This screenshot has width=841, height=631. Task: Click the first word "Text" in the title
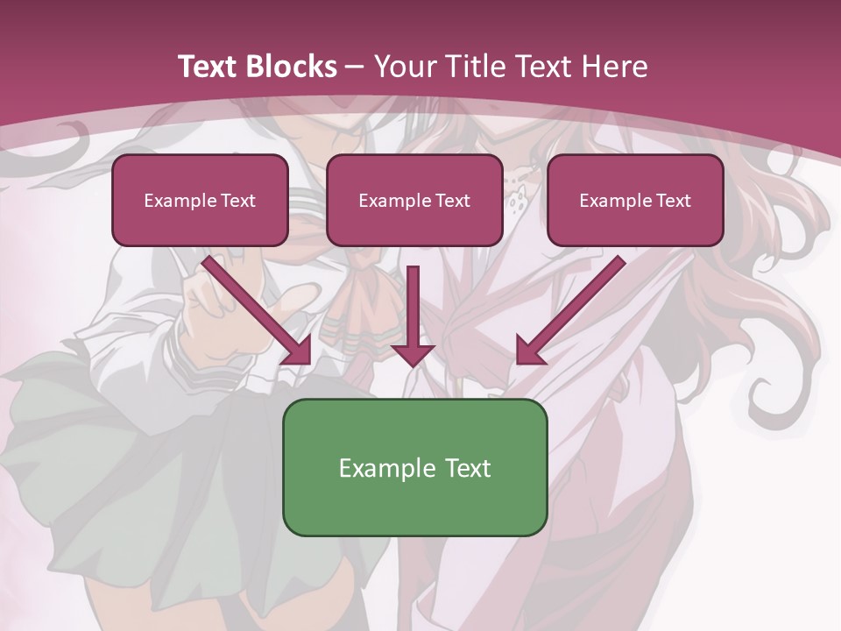[211, 67]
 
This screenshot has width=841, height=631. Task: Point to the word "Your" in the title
[405, 67]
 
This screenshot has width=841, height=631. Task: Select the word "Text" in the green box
[467, 468]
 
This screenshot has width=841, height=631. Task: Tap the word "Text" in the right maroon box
[673, 201]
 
